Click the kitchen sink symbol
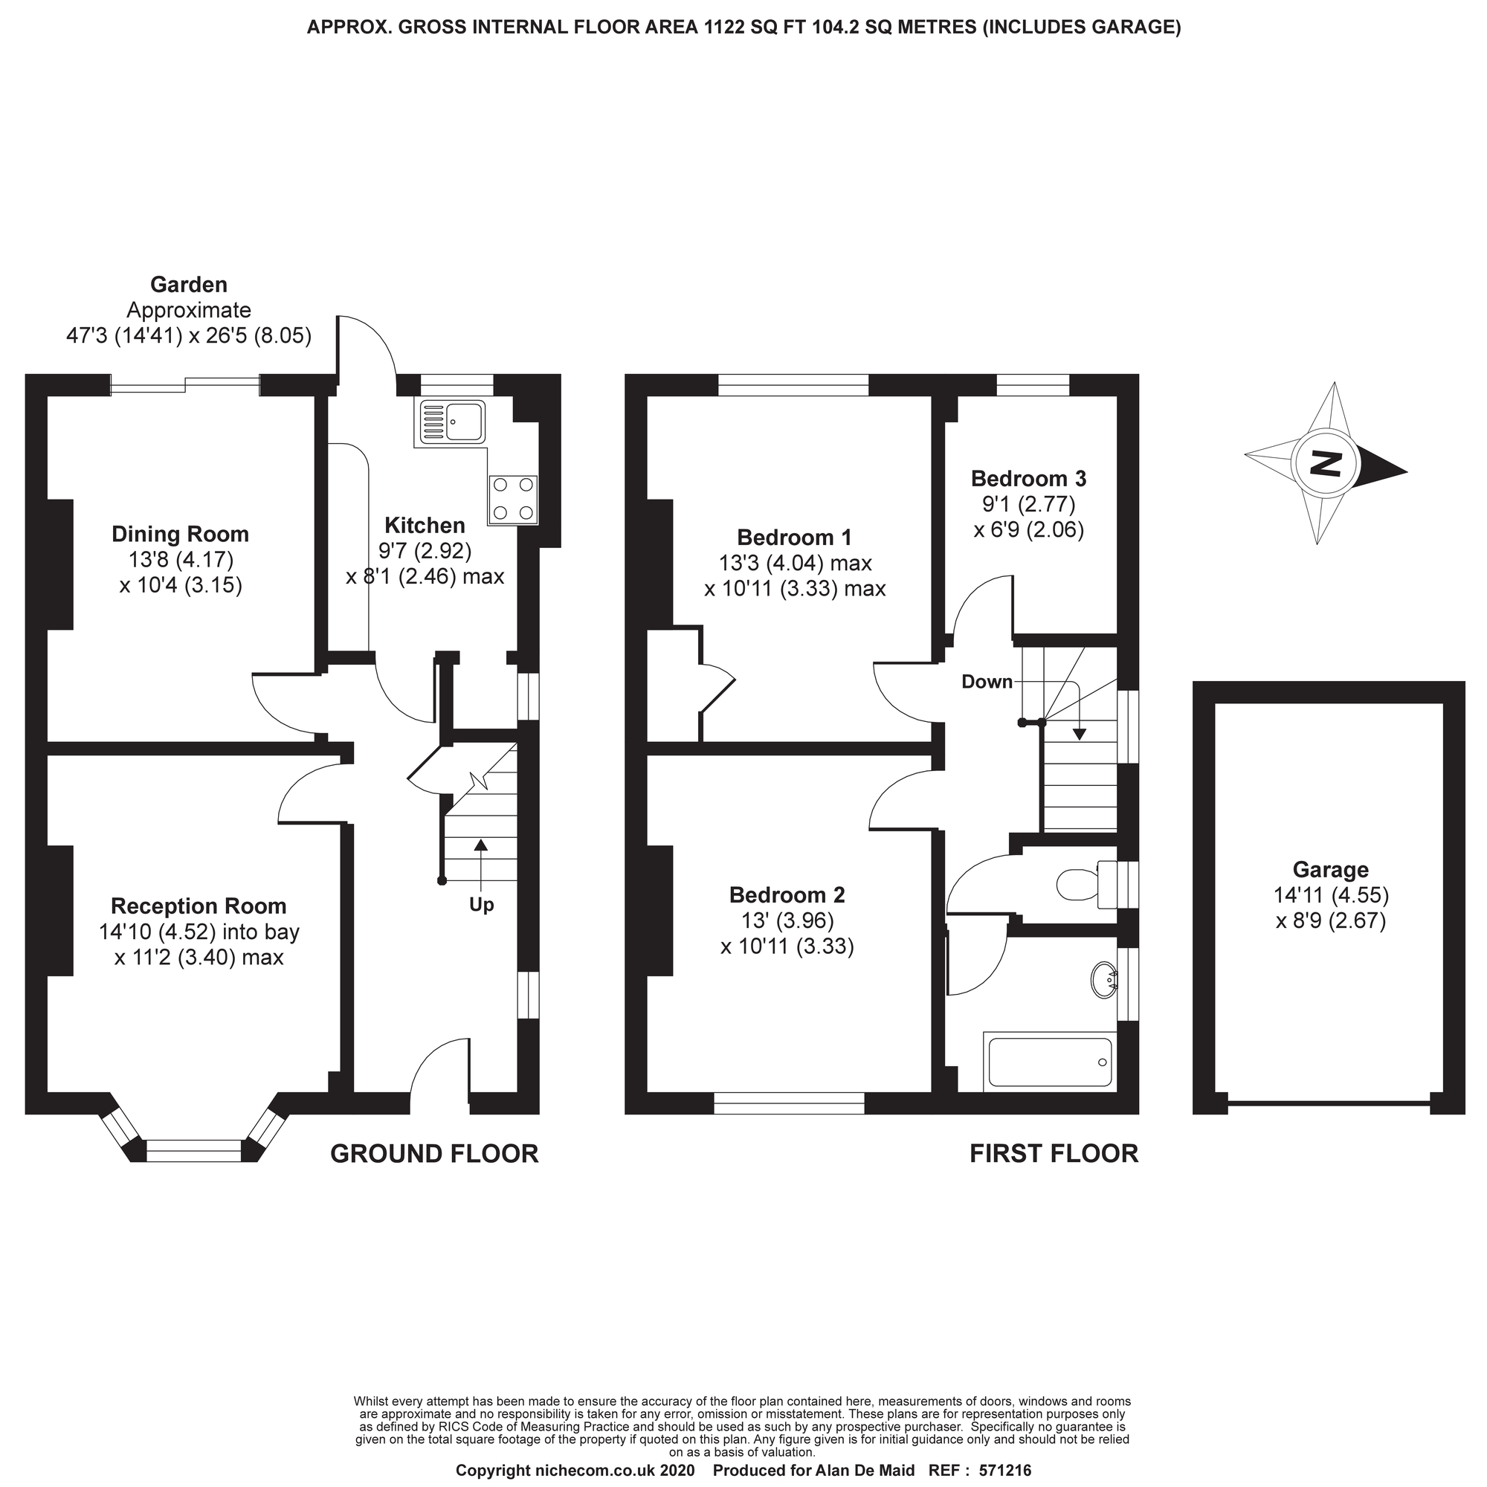(453, 422)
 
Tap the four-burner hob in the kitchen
(512, 499)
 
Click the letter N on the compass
(1326, 464)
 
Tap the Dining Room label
(180, 534)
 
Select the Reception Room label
(199, 906)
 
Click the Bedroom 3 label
(1028, 479)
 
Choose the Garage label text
(1330, 870)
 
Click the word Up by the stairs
(481, 905)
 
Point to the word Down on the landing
(987, 682)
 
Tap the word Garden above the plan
(189, 285)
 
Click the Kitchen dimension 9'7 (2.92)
(425, 551)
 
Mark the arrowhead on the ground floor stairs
(481, 845)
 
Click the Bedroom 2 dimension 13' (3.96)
(787, 920)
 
